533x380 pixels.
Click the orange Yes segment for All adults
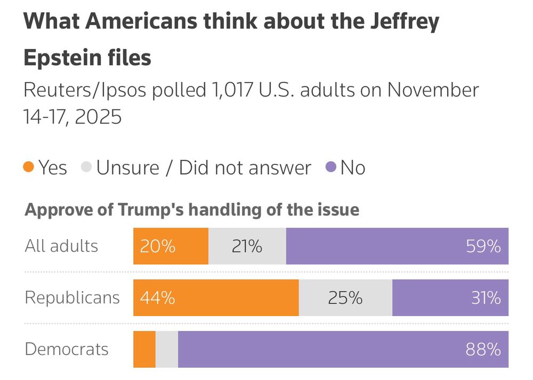pos(171,246)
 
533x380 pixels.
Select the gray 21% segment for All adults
pos(247,246)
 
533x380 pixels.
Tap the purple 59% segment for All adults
pos(397,246)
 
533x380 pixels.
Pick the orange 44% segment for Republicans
pos(216,298)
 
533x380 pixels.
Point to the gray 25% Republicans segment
pos(345,298)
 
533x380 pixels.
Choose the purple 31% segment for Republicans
pos(450,298)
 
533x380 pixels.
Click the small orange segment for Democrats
pos(144,350)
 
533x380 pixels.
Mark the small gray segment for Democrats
pos(167,350)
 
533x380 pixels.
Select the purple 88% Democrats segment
pos(343,350)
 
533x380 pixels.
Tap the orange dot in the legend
pos(29,168)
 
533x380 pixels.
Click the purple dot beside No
pos(330,168)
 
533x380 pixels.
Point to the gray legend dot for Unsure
pos(86,168)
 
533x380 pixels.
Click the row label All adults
pos(61,246)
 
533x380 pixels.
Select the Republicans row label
pos(72,298)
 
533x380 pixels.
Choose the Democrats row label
pos(67,350)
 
